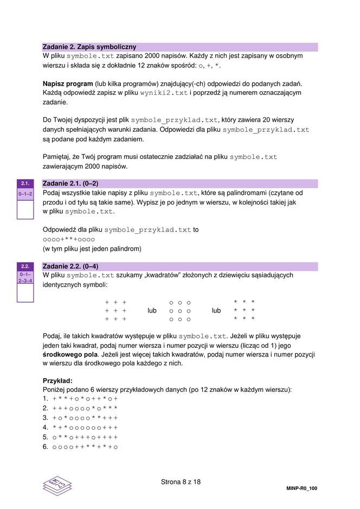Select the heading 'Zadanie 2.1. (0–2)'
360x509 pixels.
70,183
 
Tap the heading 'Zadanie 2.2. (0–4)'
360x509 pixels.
70,266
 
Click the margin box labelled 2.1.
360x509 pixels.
25,183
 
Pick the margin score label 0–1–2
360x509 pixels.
25,194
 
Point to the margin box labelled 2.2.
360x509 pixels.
25,266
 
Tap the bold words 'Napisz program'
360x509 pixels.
67,84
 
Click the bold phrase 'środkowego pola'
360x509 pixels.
68,354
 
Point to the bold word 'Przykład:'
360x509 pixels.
57,380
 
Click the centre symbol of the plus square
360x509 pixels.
115,311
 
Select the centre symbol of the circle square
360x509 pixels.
179,311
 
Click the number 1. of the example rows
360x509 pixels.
46,399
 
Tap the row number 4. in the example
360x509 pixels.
46,428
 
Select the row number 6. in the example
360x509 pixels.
46,447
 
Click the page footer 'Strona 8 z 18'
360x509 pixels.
181,482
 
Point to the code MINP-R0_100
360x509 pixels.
301,488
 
